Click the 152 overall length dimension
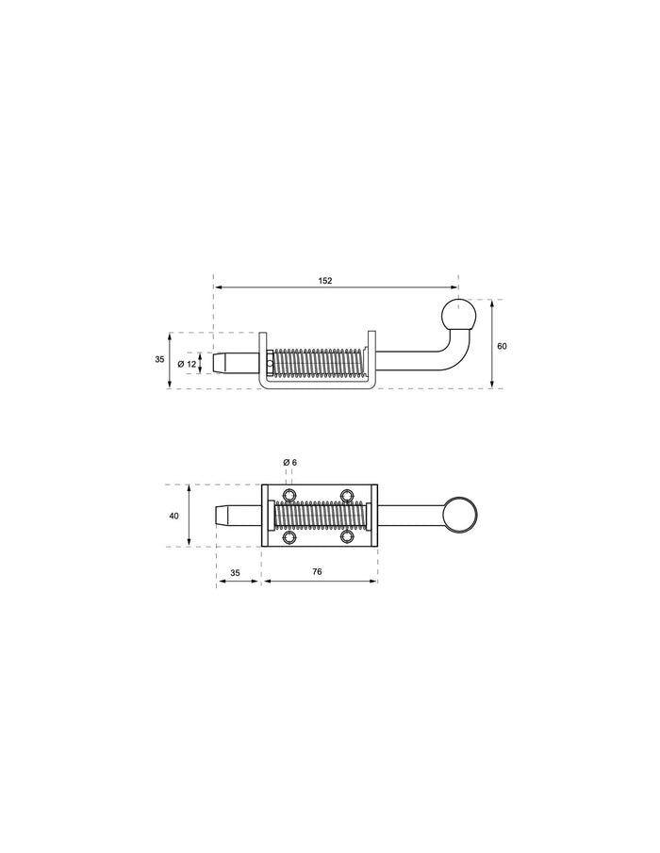click(325, 281)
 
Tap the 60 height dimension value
click(502, 346)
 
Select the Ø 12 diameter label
click(188, 364)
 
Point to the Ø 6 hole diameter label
click(290, 463)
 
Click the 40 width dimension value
click(174, 516)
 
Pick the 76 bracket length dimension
click(317, 572)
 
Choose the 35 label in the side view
click(159, 360)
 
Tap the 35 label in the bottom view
click(235, 573)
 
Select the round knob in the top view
click(460, 516)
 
